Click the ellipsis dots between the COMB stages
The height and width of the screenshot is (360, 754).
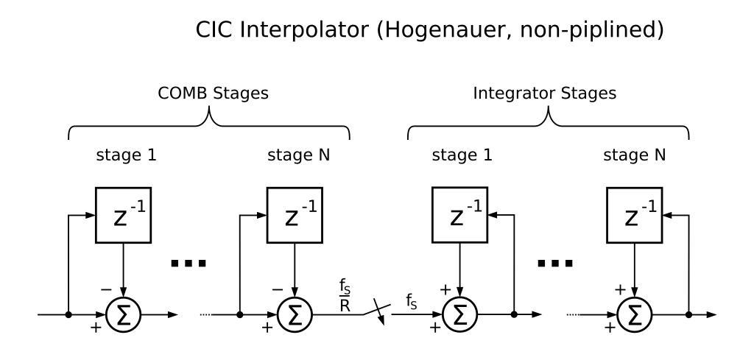point(188,263)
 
